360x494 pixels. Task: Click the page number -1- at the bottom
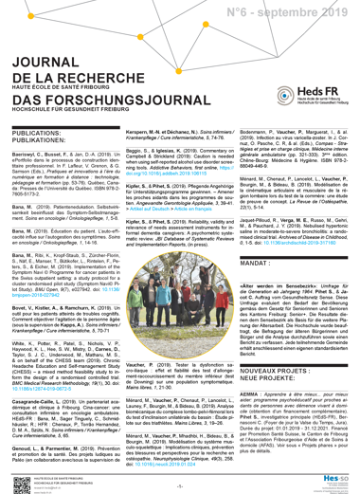point(179,484)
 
